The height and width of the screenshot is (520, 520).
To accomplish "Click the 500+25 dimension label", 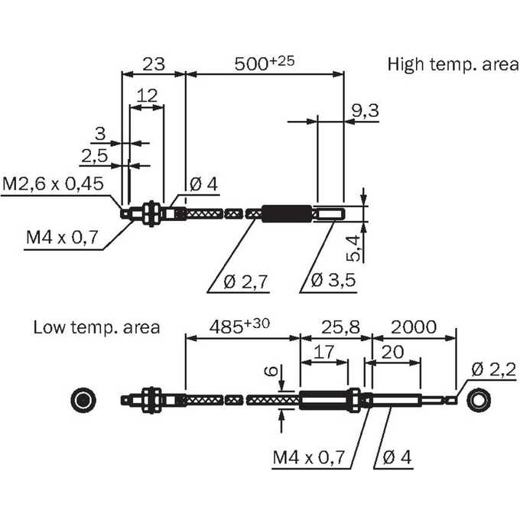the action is pyautogui.click(x=265, y=63).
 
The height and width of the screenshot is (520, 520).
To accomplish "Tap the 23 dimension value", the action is pyautogui.click(x=154, y=64).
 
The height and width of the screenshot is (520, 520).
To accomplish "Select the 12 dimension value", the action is pyautogui.click(x=147, y=96).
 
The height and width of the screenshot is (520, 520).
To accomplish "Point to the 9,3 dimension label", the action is pyautogui.click(x=365, y=110).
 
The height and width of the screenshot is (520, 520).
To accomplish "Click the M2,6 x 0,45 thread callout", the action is pyautogui.click(x=53, y=184).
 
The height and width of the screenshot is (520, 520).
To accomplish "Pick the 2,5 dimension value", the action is pyautogui.click(x=95, y=156).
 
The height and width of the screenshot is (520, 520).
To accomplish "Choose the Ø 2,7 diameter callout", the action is pyautogui.click(x=245, y=282).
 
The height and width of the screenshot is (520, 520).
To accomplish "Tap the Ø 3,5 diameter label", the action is pyautogui.click(x=333, y=280).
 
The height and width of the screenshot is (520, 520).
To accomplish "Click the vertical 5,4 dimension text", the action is pyautogui.click(x=353, y=248).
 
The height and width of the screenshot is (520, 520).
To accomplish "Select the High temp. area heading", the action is pyautogui.click(x=453, y=64).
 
